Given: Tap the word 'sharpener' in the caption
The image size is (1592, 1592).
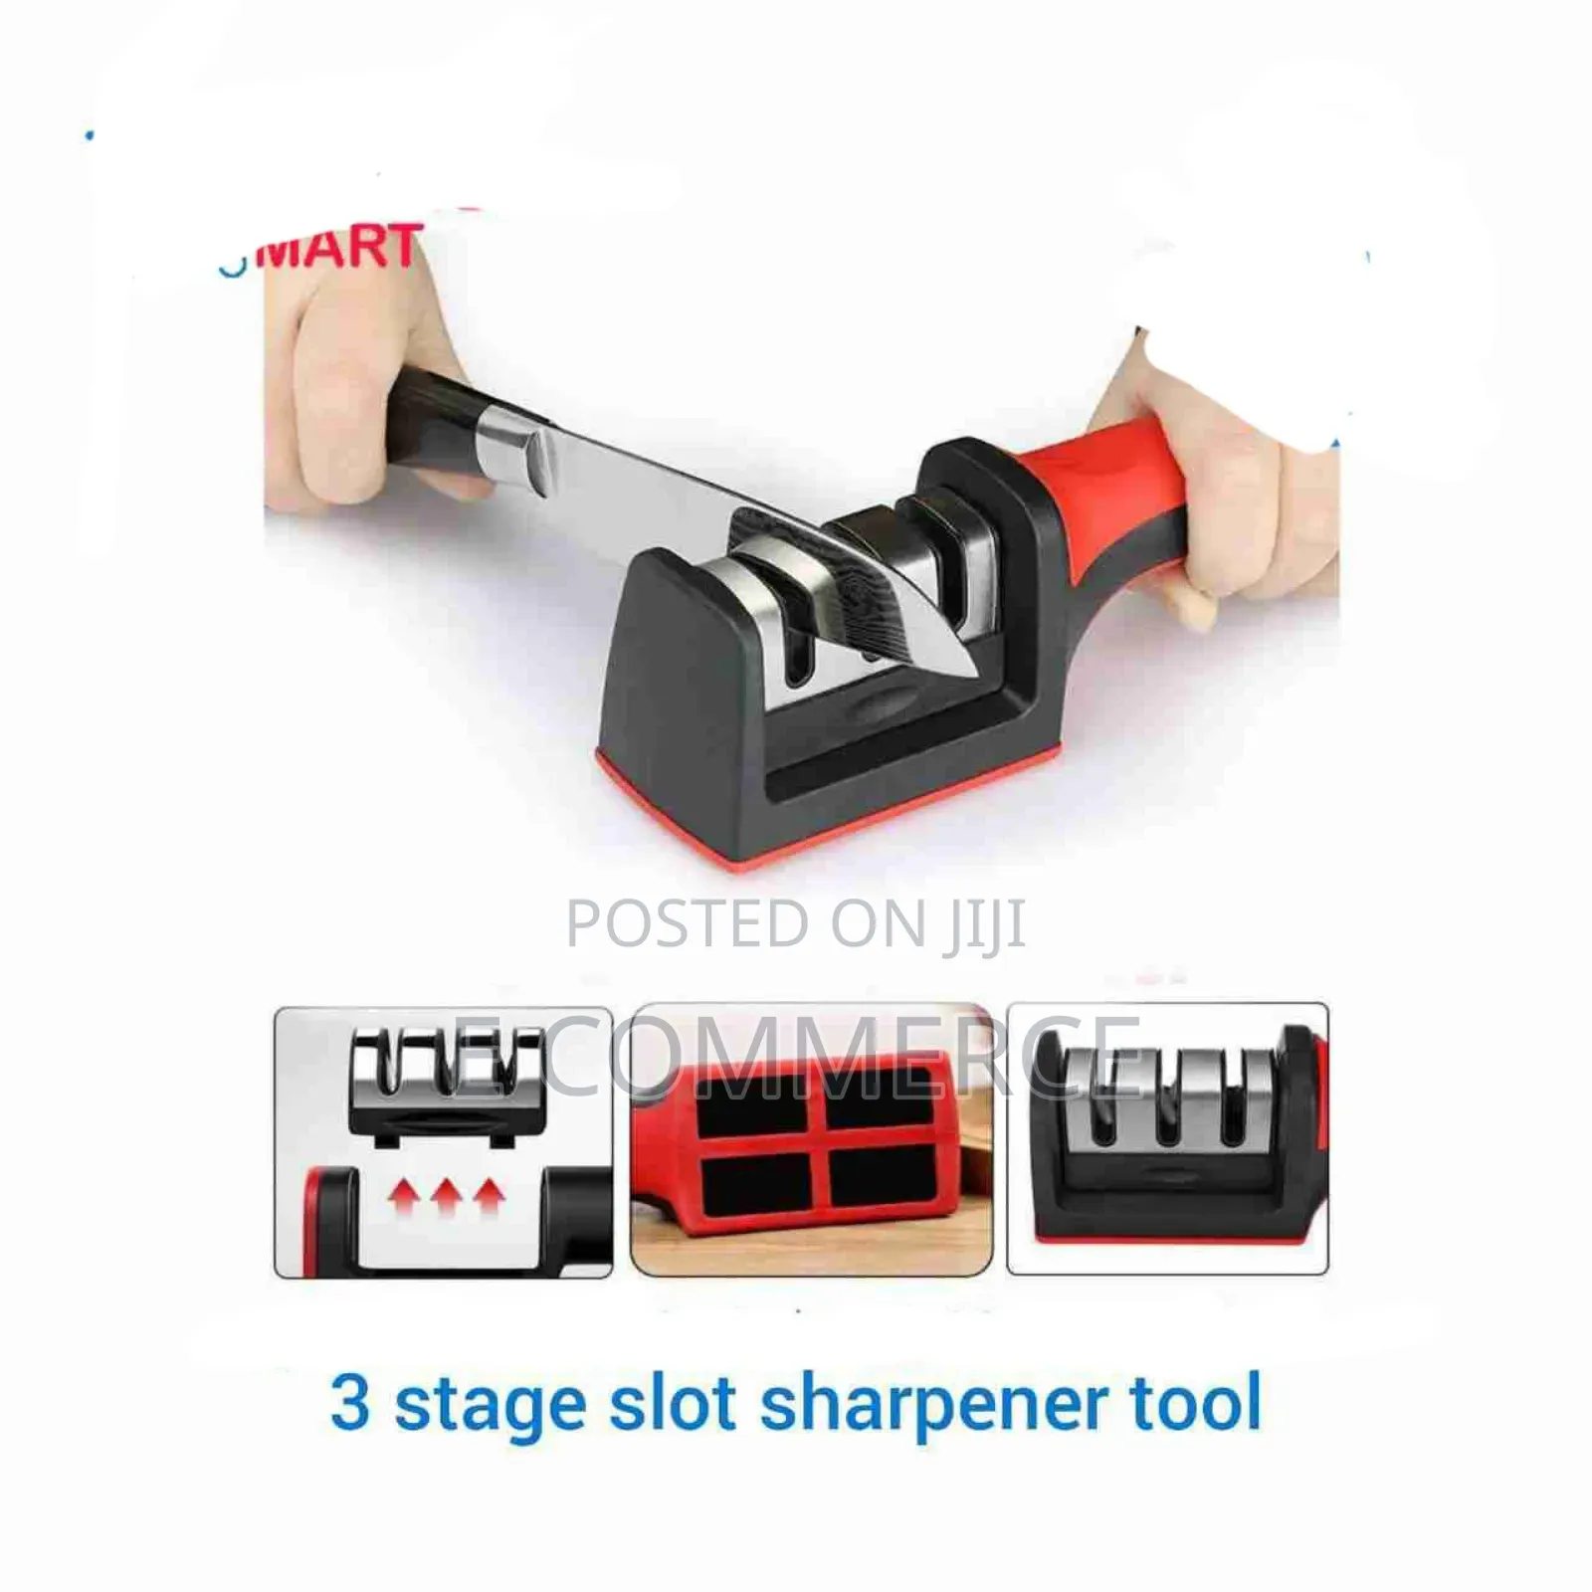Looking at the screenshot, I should tap(930, 1404).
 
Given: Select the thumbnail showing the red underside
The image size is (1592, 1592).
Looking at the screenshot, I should tap(811, 1139).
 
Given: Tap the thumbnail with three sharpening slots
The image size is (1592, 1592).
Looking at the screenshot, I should tap(1167, 1139).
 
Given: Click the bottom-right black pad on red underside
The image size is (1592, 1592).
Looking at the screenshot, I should tap(881, 1179).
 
